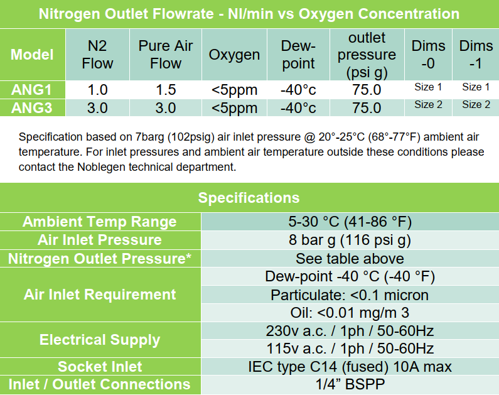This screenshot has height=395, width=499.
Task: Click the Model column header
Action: pyautogui.click(x=32, y=55)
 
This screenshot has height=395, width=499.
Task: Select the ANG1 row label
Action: pyautogui.click(x=31, y=90)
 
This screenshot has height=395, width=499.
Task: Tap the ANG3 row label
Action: pyautogui.click(x=31, y=108)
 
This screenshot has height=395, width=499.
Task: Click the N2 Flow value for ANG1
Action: pyautogui.click(x=97, y=90)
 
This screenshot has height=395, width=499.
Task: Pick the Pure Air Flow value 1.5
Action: pyautogui.click(x=166, y=90)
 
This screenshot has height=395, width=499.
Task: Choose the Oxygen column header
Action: pyautogui.click(x=234, y=55)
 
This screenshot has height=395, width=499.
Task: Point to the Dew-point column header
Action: pyautogui.click(x=298, y=55)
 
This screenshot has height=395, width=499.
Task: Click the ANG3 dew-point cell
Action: pyautogui.click(x=298, y=108)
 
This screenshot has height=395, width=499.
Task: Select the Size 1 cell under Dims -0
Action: pyautogui.click(x=428, y=87)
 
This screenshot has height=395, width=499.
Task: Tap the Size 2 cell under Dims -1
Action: pyautogui.click(x=476, y=104)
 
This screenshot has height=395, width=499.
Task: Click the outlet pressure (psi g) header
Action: pyautogui.click(x=367, y=55)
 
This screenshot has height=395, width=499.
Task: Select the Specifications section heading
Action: pyautogui.click(x=249, y=198)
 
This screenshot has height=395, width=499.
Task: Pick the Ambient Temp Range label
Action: pyautogui.click(x=100, y=222)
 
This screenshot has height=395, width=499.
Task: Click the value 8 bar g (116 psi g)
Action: pyautogui.click(x=350, y=240)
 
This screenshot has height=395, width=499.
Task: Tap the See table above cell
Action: pyautogui.click(x=350, y=259)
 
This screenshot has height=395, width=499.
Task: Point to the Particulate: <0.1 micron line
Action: pyautogui.click(x=350, y=295)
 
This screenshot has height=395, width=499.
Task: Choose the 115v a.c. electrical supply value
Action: pyautogui.click(x=350, y=349)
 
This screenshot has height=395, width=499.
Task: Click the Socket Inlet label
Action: pyautogui.click(x=100, y=367)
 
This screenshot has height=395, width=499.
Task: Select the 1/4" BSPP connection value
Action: pyautogui.click(x=350, y=384)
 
